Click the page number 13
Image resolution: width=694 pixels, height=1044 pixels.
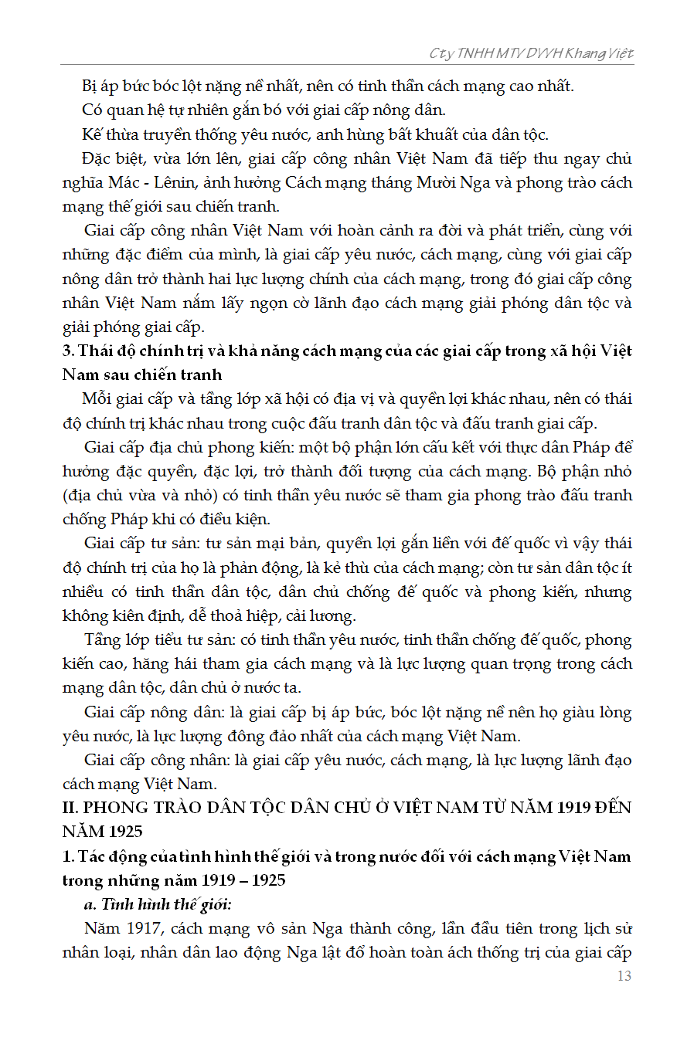tap(624, 976)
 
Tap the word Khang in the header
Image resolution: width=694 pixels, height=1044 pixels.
tap(584, 53)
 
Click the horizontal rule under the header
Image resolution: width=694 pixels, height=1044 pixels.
tap(348, 65)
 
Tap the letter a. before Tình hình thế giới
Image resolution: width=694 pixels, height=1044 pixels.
tap(90, 904)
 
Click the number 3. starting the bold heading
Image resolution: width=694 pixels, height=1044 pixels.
tap(68, 351)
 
